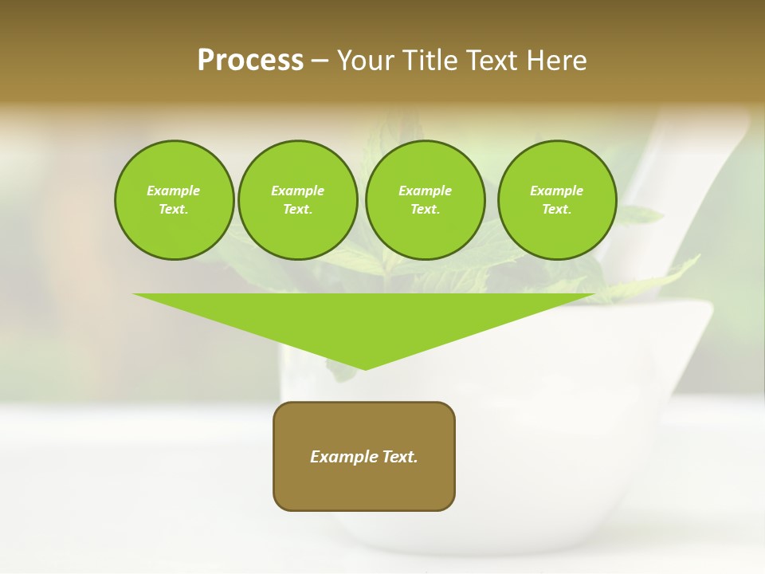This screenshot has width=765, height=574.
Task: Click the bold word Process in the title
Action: point(250,61)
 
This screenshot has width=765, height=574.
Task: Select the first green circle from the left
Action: point(174,200)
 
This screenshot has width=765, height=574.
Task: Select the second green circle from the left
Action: point(297,200)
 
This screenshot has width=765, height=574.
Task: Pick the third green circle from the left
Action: point(425,200)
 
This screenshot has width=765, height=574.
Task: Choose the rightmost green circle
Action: point(556,200)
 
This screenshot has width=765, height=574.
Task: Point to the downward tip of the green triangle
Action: point(365,368)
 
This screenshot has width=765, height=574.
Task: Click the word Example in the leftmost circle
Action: point(174,191)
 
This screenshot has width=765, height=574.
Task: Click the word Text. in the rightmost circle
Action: point(556,210)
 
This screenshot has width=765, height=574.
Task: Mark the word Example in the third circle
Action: point(425,191)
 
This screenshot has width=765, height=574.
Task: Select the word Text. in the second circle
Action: point(297,210)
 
